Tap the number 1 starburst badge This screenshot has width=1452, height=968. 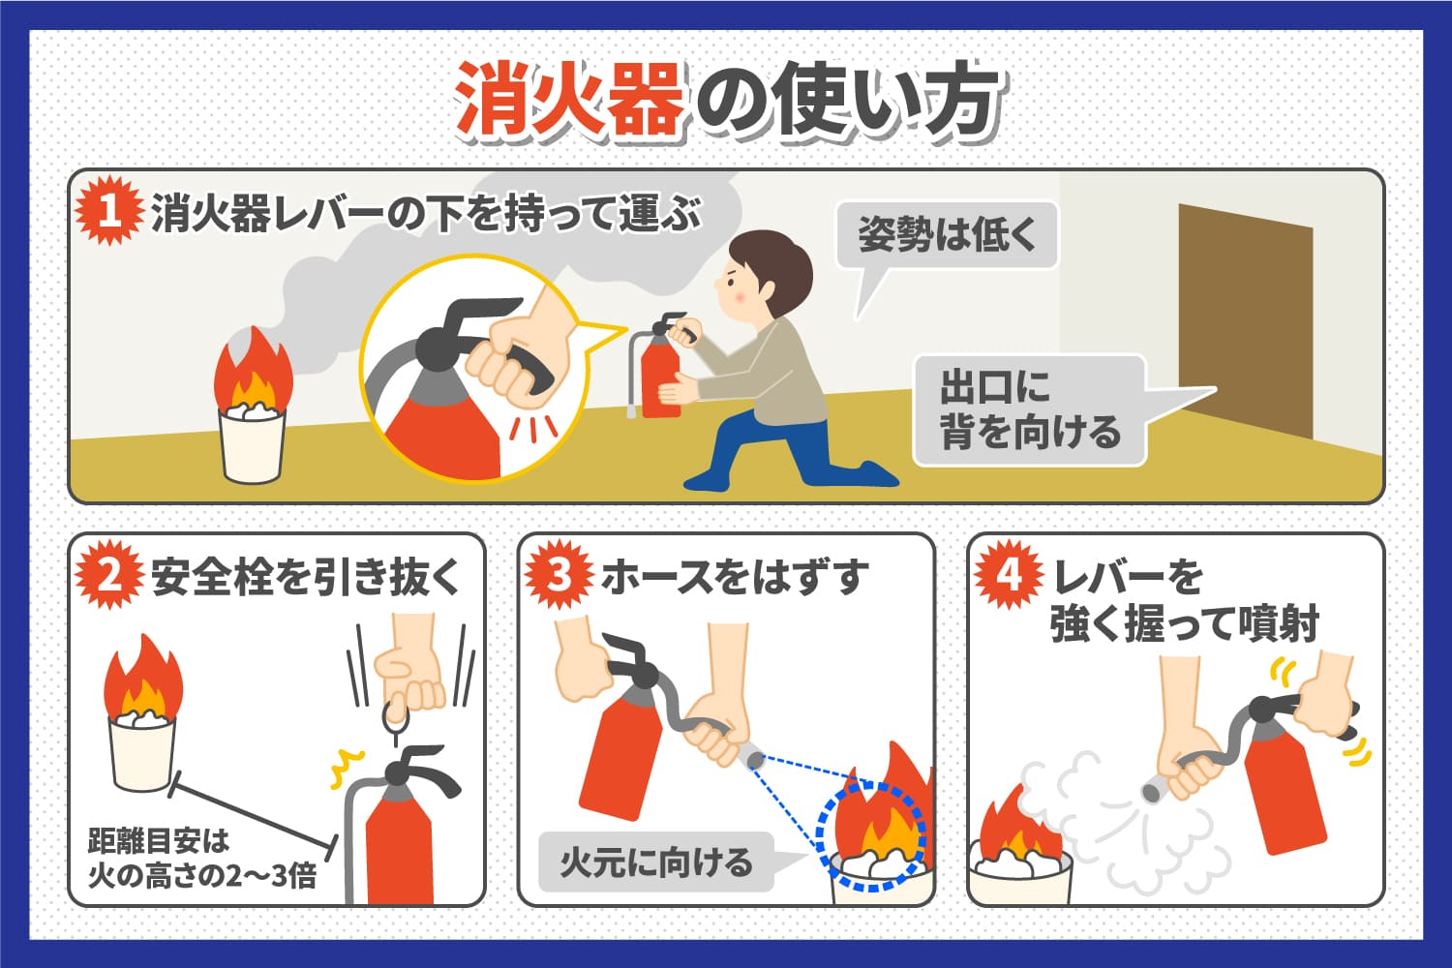109,211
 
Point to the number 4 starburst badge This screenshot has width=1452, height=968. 1008,576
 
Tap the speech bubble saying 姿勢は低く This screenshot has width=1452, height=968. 946,235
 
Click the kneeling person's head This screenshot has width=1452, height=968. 765,271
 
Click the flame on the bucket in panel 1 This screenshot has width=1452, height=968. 253,373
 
